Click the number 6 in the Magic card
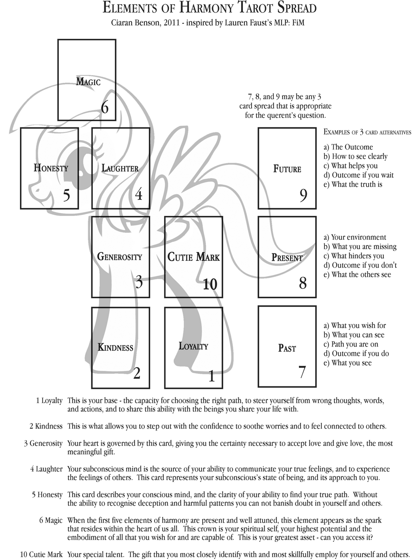tap(105, 107)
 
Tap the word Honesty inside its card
tap(51, 168)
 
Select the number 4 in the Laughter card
tap(139, 194)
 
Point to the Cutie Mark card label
tap(194, 257)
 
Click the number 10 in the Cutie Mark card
tap(210, 284)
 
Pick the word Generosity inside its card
tap(120, 257)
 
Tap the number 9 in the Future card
tap(303, 195)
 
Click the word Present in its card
tap(287, 258)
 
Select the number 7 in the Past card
tap(302, 372)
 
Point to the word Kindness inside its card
tap(115, 348)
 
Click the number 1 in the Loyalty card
tap(211, 377)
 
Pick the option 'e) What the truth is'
tap(353, 184)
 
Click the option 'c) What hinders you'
tap(354, 256)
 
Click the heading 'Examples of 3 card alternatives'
tap(367, 132)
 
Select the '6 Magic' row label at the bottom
tap(51, 520)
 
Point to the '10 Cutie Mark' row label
tap(41, 554)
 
